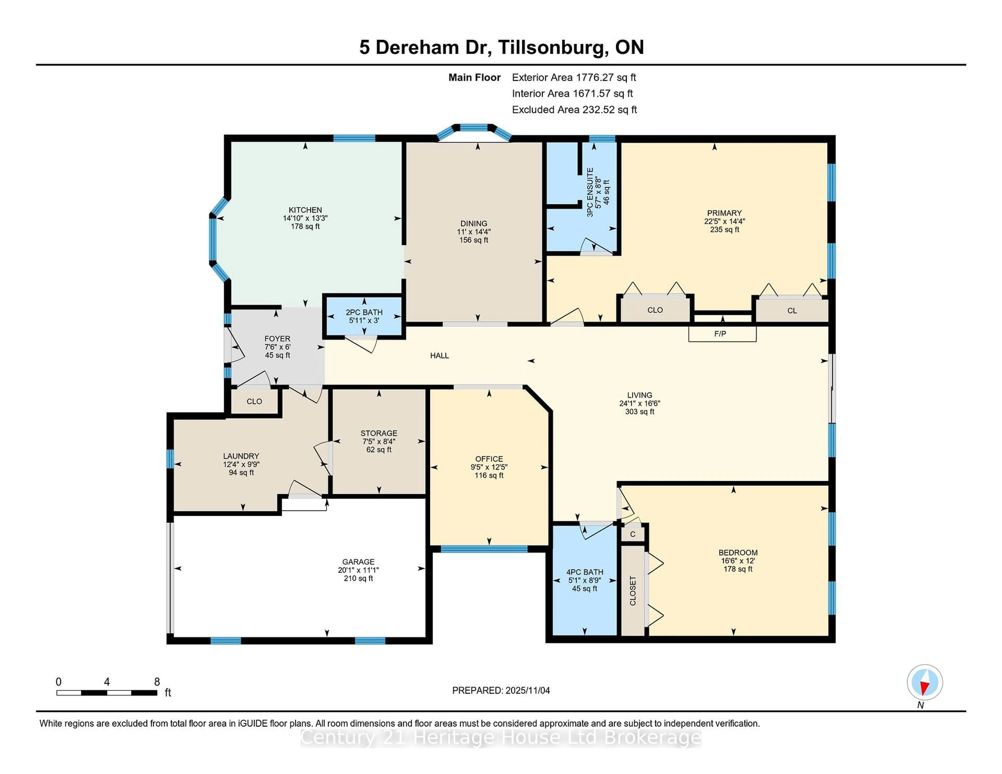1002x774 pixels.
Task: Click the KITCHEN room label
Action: (x=305, y=210)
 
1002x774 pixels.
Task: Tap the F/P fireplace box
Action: (x=722, y=334)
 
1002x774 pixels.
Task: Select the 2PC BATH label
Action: (x=364, y=312)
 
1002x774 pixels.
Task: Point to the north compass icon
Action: (x=925, y=682)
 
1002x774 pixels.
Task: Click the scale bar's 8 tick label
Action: (x=157, y=682)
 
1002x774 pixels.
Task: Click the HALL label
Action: (x=439, y=355)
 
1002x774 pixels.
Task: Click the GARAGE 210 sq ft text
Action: (x=358, y=579)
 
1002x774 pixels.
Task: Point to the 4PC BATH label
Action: (x=584, y=572)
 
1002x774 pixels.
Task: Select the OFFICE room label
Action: (x=489, y=459)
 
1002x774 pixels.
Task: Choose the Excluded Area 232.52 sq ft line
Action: (x=574, y=110)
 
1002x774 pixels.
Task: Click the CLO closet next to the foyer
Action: (x=254, y=401)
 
